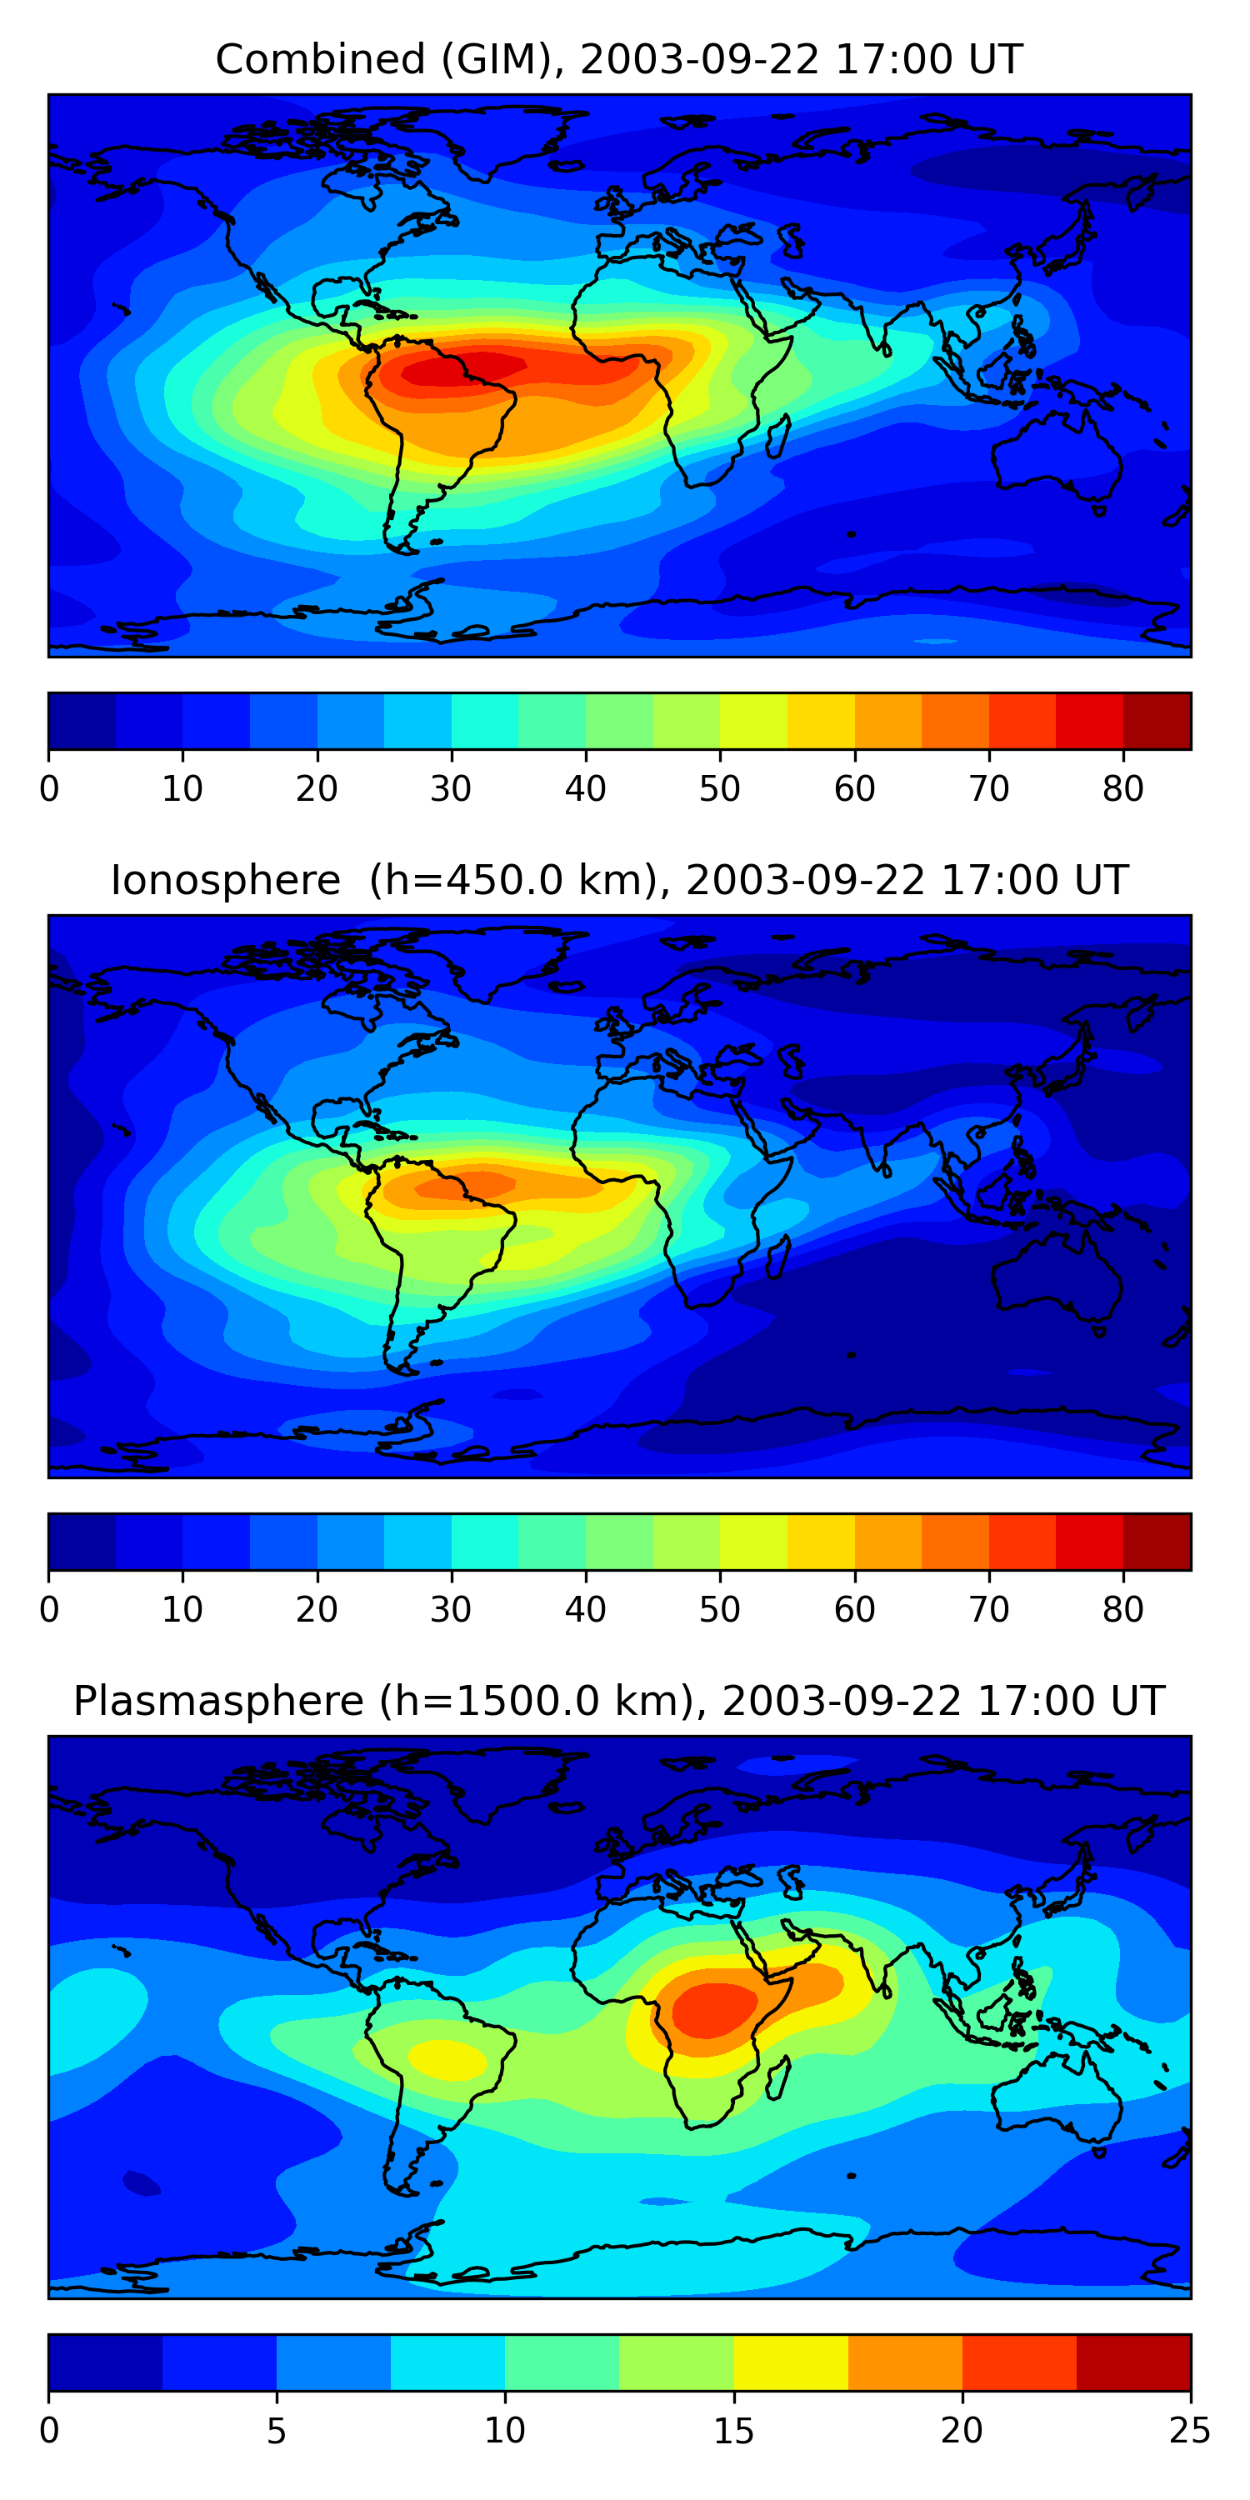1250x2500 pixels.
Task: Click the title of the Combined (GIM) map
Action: point(618,59)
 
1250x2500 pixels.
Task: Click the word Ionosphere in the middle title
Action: point(225,880)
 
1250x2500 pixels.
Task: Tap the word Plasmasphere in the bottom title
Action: point(218,1702)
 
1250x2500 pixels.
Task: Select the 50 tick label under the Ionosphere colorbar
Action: point(719,1609)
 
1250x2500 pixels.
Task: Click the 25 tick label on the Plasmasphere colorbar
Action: point(1189,2430)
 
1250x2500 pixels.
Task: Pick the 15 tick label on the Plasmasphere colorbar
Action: point(733,2430)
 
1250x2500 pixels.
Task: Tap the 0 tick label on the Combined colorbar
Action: point(49,788)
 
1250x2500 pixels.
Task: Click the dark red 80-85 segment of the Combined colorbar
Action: point(1157,721)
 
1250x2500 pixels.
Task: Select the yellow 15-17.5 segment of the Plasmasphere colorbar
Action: point(791,2362)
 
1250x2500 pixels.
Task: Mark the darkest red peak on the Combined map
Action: point(456,370)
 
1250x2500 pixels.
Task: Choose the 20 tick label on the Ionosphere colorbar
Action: point(317,1609)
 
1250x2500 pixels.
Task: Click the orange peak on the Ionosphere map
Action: point(485,1184)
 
